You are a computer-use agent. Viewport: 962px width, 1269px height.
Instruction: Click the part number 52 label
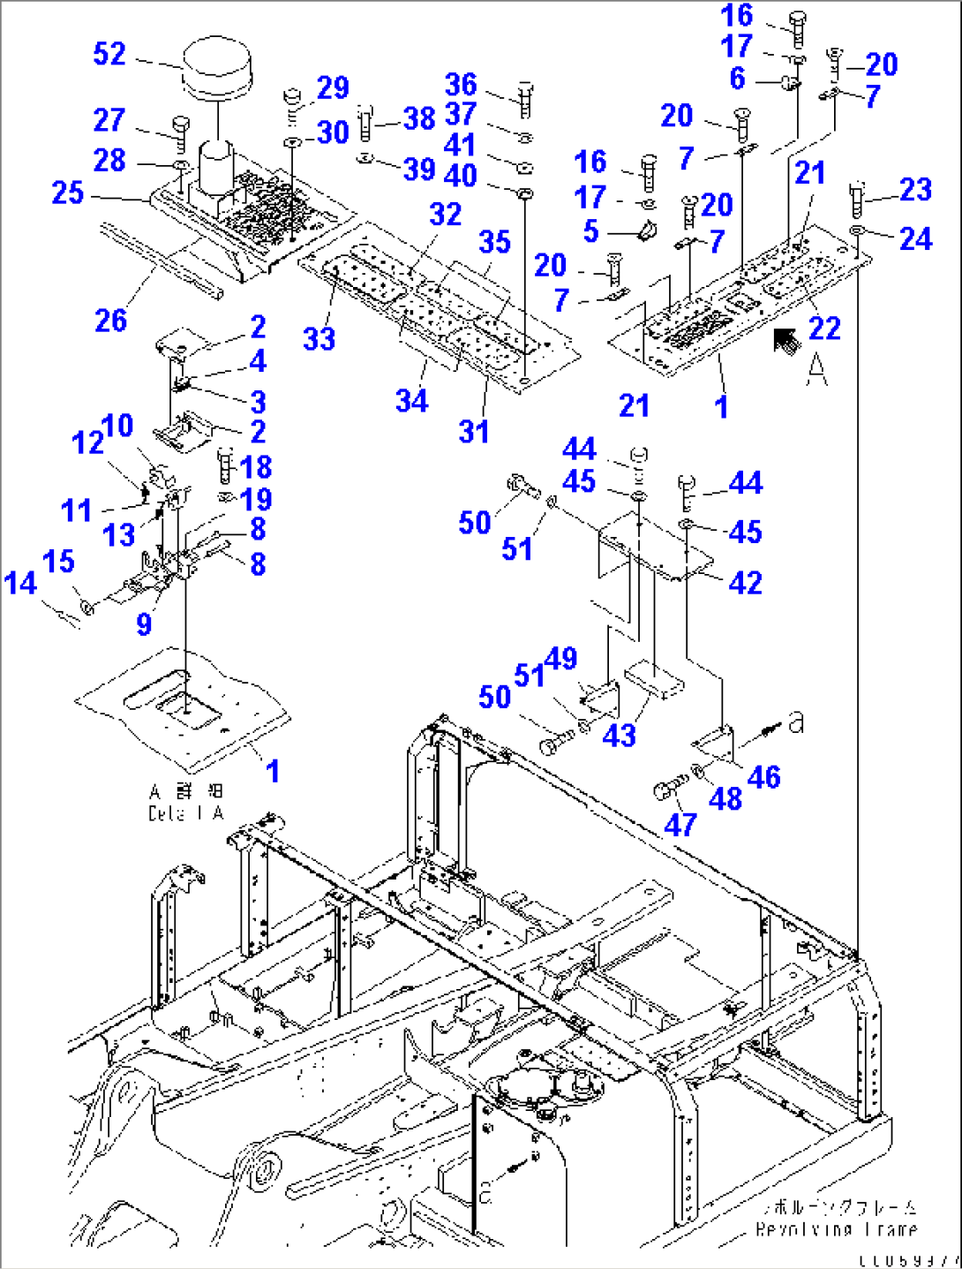pyautogui.click(x=109, y=54)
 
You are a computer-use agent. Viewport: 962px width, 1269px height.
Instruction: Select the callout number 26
pyautogui.click(x=111, y=321)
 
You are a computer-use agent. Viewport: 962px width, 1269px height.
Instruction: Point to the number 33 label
pyautogui.click(x=319, y=338)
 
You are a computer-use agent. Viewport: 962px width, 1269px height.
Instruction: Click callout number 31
pyautogui.click(x=474, y=432)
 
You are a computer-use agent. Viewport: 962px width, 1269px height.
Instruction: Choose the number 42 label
pyautogui.click(x=745, y=582)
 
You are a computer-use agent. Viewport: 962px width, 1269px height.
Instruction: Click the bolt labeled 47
pyautogui.click(x=668, y=786)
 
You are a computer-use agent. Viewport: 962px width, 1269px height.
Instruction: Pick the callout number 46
pyautogui.click(x=763, y=777)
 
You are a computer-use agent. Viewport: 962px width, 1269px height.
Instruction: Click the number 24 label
pyautogui.click(x=915, y=238)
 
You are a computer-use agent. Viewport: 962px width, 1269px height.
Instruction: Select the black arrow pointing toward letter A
pyautogui.click(x=785, y=341)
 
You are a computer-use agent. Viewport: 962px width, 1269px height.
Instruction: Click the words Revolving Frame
pyautogui.click(x=836, y=1228)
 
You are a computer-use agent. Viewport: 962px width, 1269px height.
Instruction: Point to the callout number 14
pyautogui.click(x=20, y=583)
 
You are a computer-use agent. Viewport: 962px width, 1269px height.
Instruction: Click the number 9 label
pyautogui.click(x=144, y=624)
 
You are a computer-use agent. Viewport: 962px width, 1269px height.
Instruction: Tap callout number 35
pyautogui.click(x=495, y=242)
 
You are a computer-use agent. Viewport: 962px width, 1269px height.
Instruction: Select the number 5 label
pyautogui.click(x=590, y=231)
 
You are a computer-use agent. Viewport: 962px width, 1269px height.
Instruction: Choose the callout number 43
pyautogui.click(x=619, y=735)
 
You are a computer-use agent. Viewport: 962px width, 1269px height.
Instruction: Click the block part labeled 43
pyautogui.click(x=654, y=682)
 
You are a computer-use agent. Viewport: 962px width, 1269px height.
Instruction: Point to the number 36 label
pyautogui.click(x=461, y=85)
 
